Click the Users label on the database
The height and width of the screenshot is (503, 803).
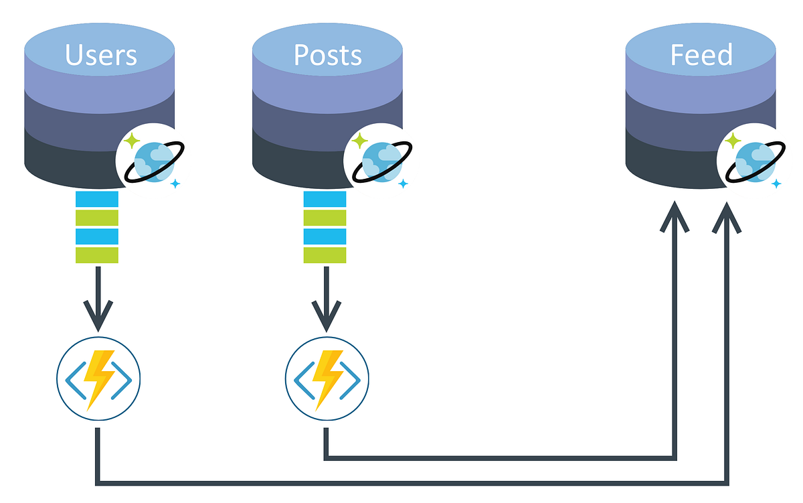[x=100, y=55]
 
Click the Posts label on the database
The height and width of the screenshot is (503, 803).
[x=328, y=55]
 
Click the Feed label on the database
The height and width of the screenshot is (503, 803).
[x=701, y=55]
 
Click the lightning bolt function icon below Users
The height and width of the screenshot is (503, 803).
[x=98, y=380]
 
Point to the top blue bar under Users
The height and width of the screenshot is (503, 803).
[x=97, y=199]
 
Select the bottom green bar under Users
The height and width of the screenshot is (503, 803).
[x=97, y=255]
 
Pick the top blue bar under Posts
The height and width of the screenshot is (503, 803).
[x=325, y=199]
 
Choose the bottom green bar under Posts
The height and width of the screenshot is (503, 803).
[x=325, y=255]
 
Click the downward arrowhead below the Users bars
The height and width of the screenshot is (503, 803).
[x=98, y=318]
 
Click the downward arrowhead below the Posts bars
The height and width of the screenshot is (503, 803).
[x=327, y=318]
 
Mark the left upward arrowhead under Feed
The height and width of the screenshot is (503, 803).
[x=675, y=218]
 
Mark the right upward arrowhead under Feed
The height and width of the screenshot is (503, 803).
[x=727, y=218]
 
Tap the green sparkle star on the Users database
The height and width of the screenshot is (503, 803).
[x=132, y=141]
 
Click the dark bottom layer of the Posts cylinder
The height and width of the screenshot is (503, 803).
[x=301, y=161]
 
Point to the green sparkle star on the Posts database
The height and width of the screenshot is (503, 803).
[x=360, y=141]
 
